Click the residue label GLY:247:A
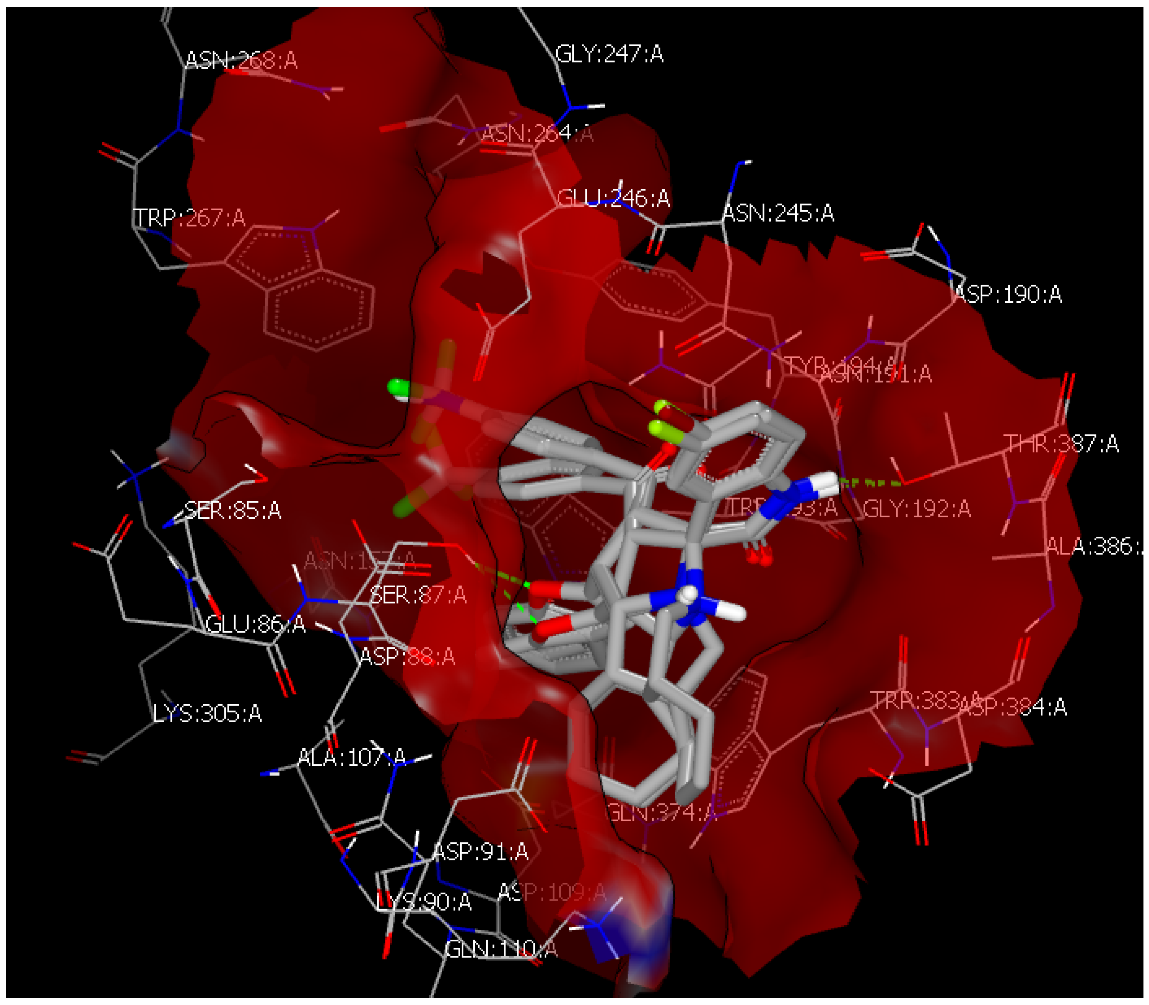click(609, 55)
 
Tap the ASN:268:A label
click(241, 60)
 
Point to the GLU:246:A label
click(613, 198)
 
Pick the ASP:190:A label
click(1007, 294)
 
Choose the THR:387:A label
click(1061, 443)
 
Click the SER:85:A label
click(233, 510)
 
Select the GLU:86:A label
click(256, 624)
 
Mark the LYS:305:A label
click(207, 713)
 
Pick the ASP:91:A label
click(481, 851)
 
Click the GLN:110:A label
click(501, 949)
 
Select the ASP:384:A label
click(1013, 707)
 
